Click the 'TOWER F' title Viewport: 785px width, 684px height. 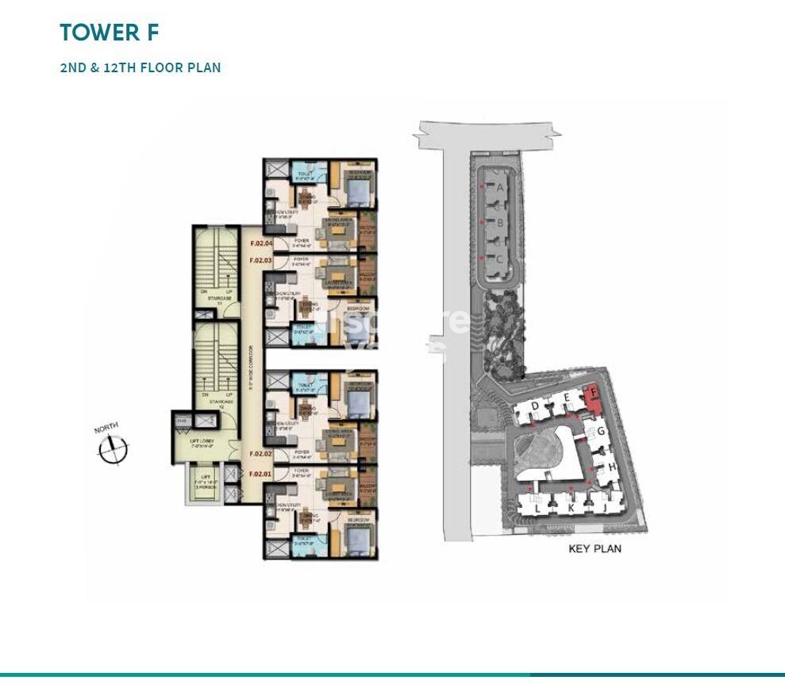click(110, 33)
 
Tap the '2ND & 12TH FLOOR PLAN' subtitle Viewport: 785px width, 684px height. click(140, 67)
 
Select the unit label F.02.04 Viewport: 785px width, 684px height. click(261, 244)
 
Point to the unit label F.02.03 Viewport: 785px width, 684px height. click(261, 259)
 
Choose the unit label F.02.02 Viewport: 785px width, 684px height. click(261, 454)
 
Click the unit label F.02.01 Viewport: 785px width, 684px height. click(261, 474)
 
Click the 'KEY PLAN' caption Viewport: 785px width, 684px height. click(595, 548)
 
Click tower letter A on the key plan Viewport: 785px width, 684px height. click(500, 188)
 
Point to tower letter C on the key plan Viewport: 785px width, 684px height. click(499, 258)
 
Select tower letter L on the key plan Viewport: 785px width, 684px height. click(537, 508)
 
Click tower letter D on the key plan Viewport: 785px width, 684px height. click(536, 406)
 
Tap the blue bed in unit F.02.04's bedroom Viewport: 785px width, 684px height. click(355, 190)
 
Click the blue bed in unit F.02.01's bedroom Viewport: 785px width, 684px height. click(355, 540)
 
